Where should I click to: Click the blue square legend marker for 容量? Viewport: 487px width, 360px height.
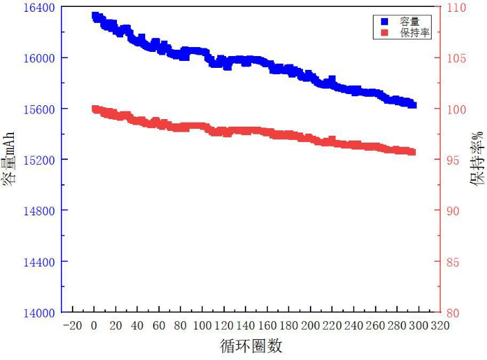(x=385, y=21)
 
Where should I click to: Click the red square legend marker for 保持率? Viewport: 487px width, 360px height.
(x=385, y=33)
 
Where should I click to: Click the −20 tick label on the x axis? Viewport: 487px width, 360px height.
(x=72, y=326)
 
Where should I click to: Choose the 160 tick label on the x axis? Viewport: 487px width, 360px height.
(x=267, y=326)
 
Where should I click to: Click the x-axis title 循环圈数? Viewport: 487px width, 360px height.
(x=252, y=345)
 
